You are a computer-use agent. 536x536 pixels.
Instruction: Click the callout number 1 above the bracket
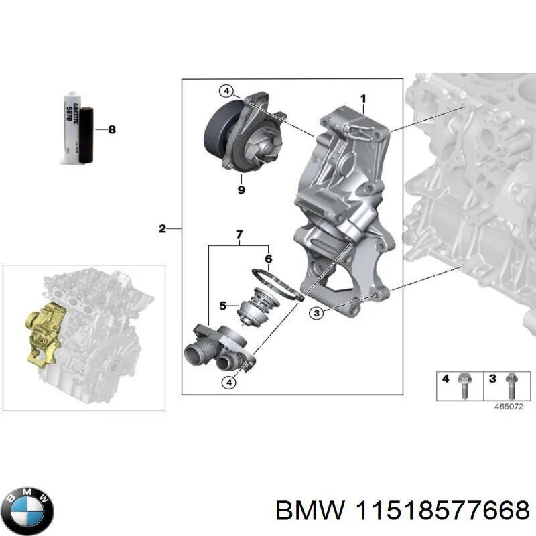[362, 100]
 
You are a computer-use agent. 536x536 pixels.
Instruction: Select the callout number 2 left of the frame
[162, 229]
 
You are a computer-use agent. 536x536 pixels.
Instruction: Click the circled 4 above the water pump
[226, 91]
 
